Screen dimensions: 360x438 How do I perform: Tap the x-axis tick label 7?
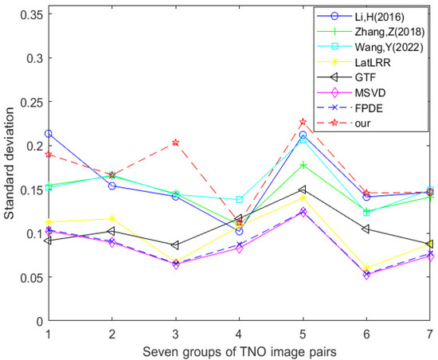430,333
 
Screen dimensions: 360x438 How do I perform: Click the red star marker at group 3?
176,143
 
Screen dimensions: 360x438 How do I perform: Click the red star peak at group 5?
303,122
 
